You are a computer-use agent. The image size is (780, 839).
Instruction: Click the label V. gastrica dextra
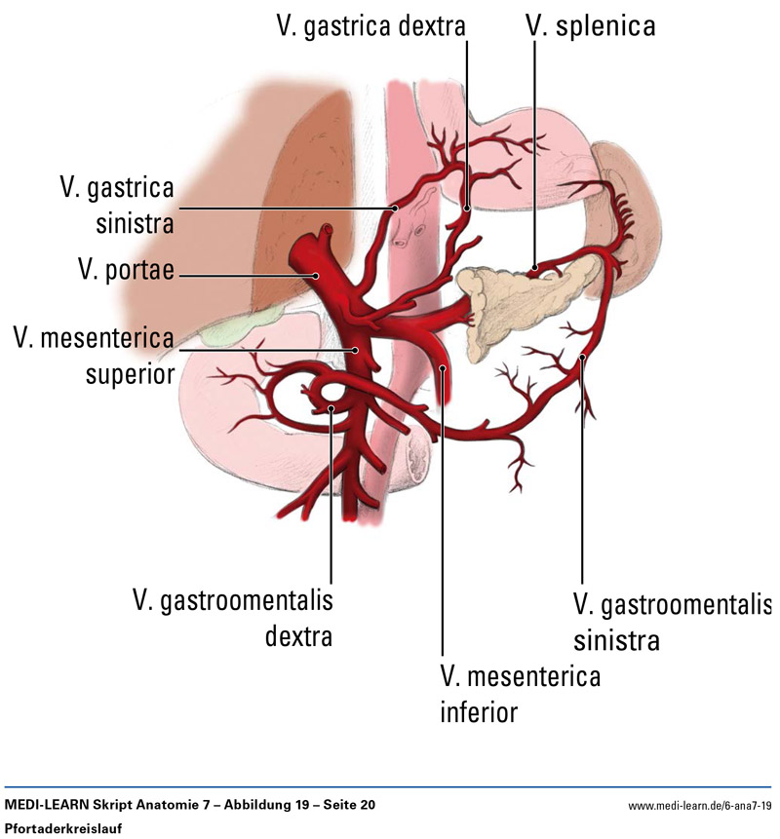click(x=370, y=25)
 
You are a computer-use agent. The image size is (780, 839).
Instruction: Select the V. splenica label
click(x=589, y=25)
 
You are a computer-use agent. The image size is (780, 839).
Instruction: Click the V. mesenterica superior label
click(x=94, y=356)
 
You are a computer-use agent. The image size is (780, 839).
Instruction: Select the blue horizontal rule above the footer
click(x=390, y=785)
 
